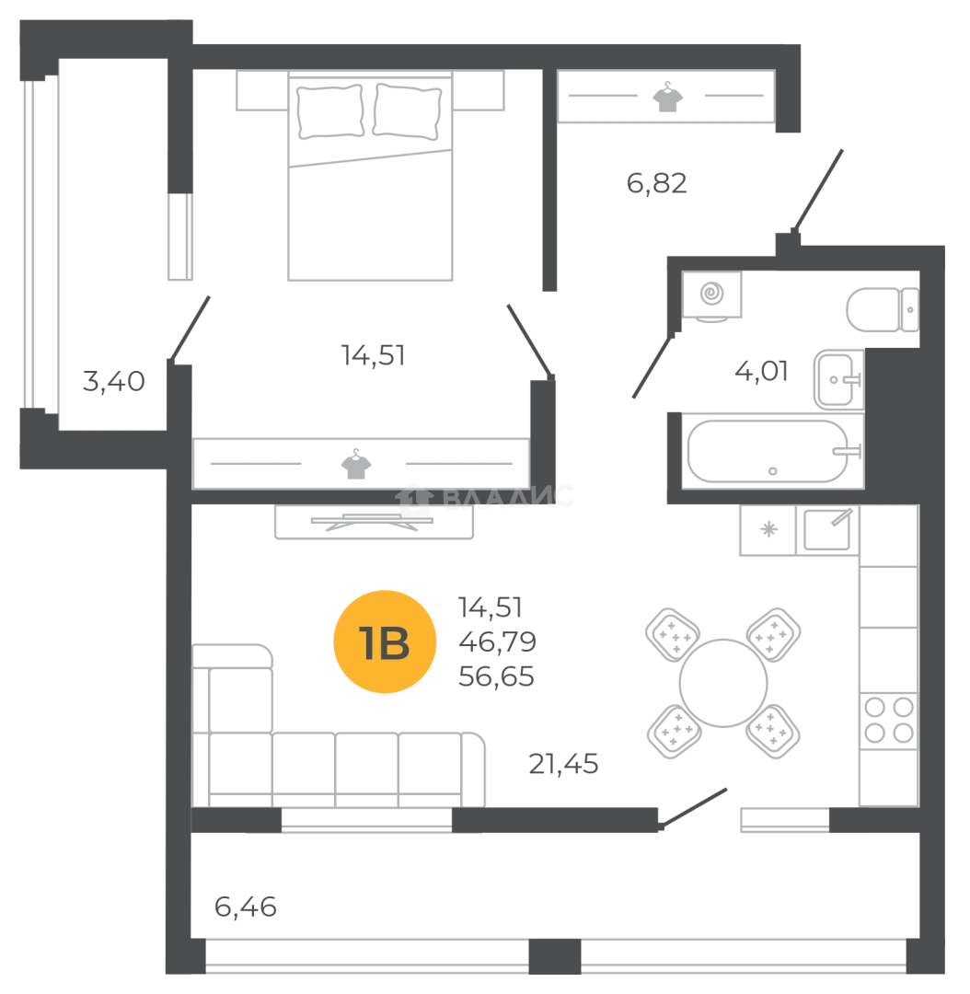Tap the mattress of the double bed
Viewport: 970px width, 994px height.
pyautogui.click(x=372, y=216)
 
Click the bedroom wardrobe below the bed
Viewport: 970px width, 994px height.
pyautogui.click(x=361, y=463)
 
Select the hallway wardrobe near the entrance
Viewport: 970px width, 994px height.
pyautogui.click(x=666, y=96)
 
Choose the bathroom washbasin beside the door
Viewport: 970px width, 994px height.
pyautogui.click(x=711, y=295)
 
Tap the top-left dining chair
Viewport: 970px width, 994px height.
pyautogui.click(x=669, y=630)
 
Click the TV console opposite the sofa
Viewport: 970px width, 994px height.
pyautogui.click(x=375, y=525)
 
